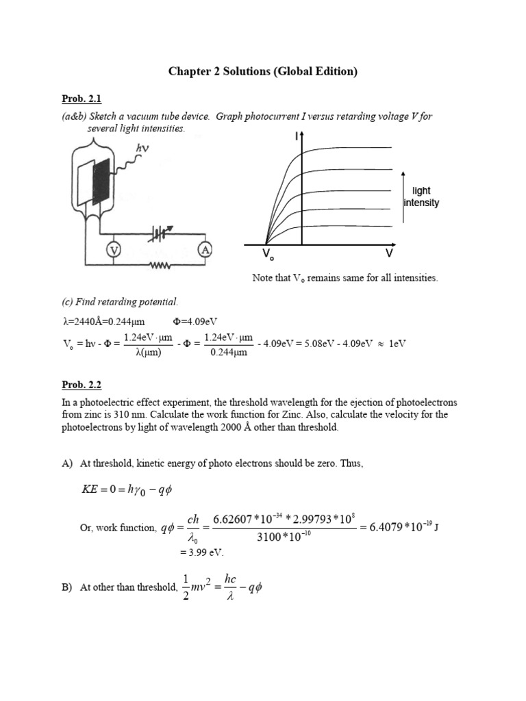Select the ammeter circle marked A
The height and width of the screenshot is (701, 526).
coord(204,251)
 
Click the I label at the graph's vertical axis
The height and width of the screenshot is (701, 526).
coord(296,137)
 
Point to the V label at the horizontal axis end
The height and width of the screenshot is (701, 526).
coord(388,253)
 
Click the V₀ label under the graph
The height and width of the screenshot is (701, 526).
coord(266,255)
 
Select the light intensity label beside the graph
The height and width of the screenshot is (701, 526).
coord(421,197)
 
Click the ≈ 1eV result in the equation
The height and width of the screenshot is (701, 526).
coord(391,343)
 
